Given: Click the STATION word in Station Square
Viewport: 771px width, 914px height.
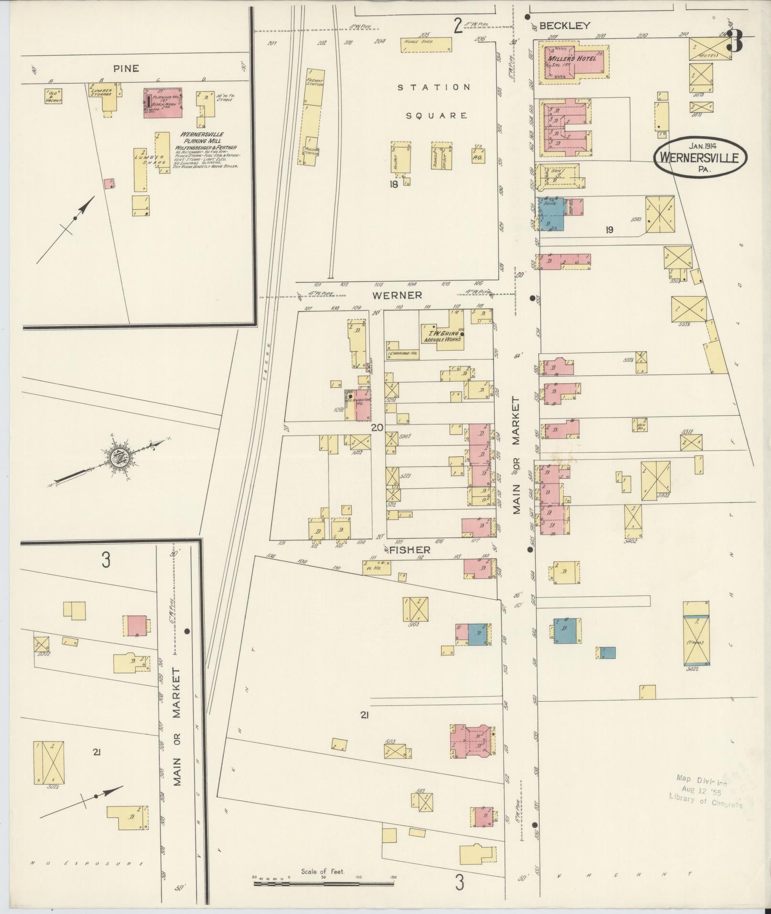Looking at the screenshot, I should click(434, 87).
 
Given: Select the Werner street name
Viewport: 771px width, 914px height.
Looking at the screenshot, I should click(398, 295).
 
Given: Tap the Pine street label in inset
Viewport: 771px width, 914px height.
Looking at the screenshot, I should click(126, 69).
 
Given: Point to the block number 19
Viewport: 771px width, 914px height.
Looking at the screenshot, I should click(609, 230).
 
